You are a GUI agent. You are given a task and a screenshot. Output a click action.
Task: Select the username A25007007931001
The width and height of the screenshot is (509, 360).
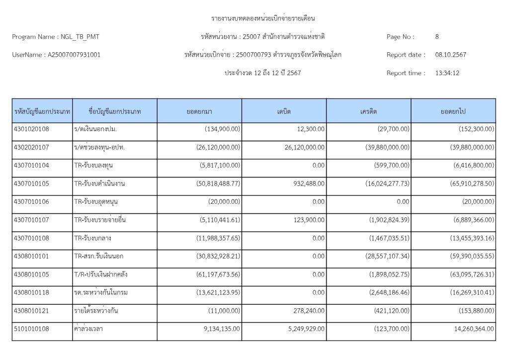74,55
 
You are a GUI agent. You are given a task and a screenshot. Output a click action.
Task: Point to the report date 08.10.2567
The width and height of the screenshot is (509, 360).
451,55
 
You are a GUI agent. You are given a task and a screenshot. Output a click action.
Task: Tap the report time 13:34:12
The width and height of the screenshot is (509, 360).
447,73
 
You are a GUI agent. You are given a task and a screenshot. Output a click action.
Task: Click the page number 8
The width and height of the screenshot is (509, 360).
437,37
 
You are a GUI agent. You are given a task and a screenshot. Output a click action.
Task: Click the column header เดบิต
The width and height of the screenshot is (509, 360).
284,111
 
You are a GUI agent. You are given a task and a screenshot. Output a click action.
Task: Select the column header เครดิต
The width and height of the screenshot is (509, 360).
369,111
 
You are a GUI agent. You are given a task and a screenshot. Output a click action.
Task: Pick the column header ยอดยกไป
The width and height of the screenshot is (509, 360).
453,111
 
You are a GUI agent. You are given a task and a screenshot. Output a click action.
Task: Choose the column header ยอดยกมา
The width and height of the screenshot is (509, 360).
199,111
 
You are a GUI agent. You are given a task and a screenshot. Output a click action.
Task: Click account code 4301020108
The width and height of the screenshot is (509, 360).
31,129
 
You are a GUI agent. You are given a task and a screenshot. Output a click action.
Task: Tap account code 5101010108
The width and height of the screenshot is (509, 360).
31,329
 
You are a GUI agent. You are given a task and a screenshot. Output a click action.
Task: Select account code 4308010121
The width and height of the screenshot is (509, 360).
31,311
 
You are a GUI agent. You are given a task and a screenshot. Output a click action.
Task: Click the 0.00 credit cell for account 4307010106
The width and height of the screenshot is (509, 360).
403,202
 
